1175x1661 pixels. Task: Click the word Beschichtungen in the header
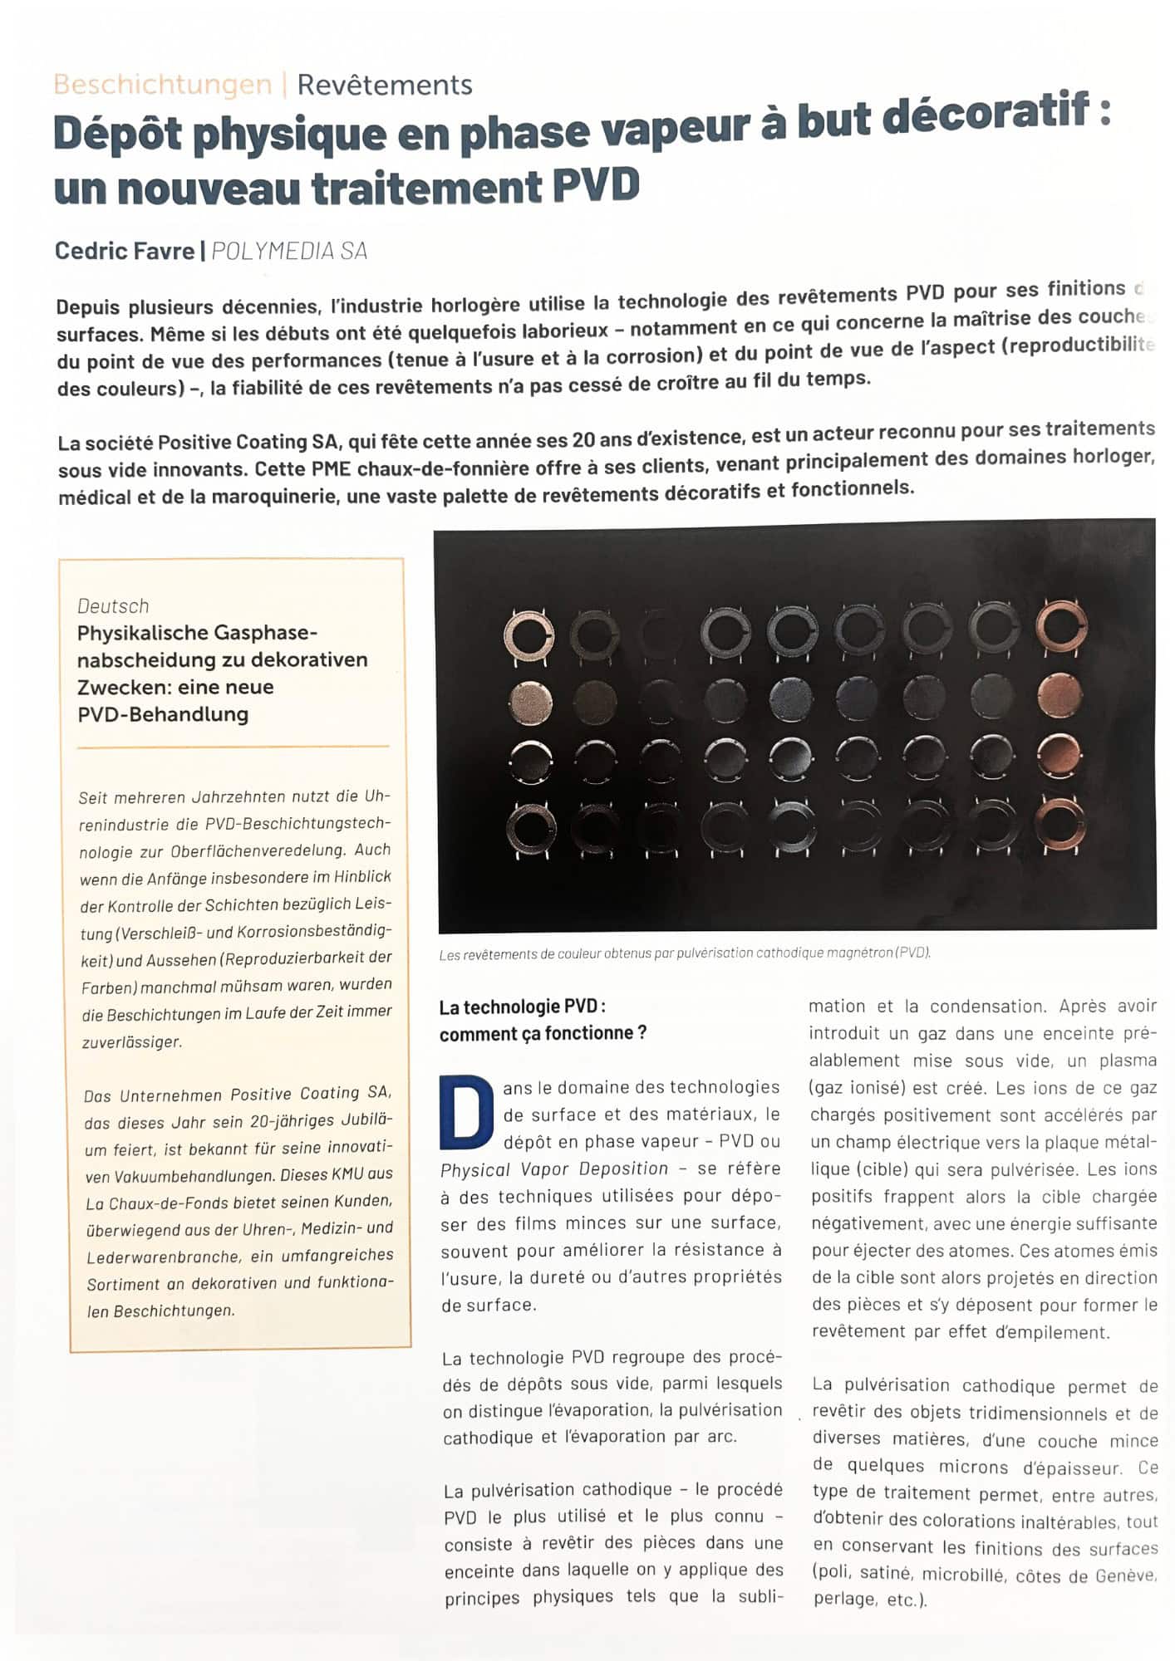(x=163, y=85)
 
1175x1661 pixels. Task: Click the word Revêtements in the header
(x=385, y=85)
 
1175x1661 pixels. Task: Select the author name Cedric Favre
(x=124, y=251)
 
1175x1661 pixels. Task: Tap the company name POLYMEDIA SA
(x=289, y=251)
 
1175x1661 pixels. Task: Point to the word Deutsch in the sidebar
(x=113, y=605)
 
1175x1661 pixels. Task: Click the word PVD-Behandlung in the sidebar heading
(x=163, y=714)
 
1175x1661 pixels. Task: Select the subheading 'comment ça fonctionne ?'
(x=543, y=1034)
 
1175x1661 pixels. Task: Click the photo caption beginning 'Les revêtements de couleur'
(x=684, y=953)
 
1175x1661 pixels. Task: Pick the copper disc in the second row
(x=1059, y=694)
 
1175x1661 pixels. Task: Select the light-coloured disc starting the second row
(x=529, y=702)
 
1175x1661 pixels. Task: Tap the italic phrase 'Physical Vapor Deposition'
(x=554, y=1169)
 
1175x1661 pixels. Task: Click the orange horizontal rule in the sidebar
(x=233, y=747)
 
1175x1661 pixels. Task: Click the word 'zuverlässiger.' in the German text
(x=131, y=1041)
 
